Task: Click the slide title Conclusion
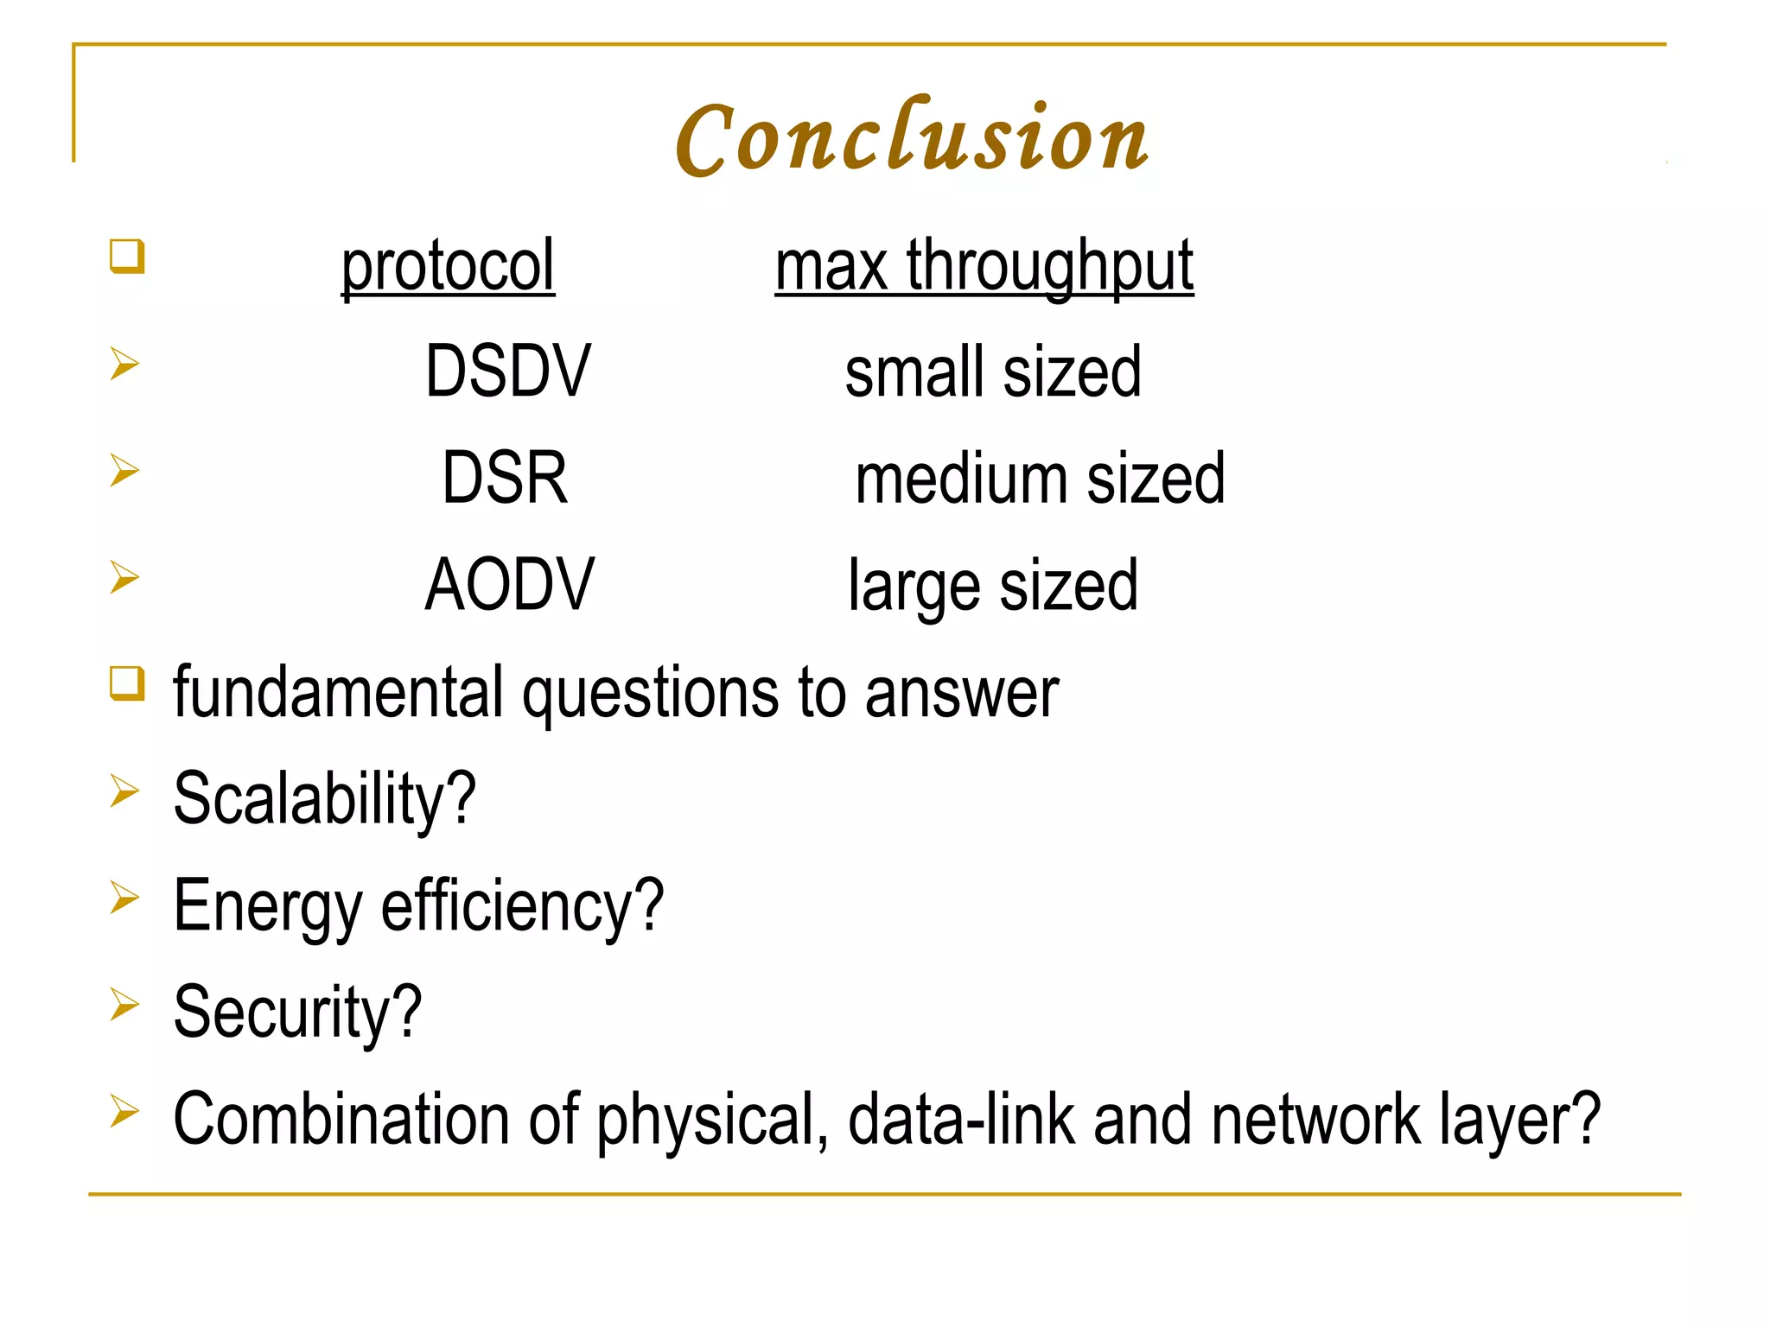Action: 912,138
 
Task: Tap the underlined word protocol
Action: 448,266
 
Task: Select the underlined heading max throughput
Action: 984,266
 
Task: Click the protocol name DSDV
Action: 508,371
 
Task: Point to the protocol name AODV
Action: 509,585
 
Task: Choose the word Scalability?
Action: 324,799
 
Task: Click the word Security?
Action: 297,1013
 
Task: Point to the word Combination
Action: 341,1119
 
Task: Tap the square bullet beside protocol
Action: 127,257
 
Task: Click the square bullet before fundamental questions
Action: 127,683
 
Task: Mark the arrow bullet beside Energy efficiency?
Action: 124,898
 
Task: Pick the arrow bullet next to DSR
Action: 124,470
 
